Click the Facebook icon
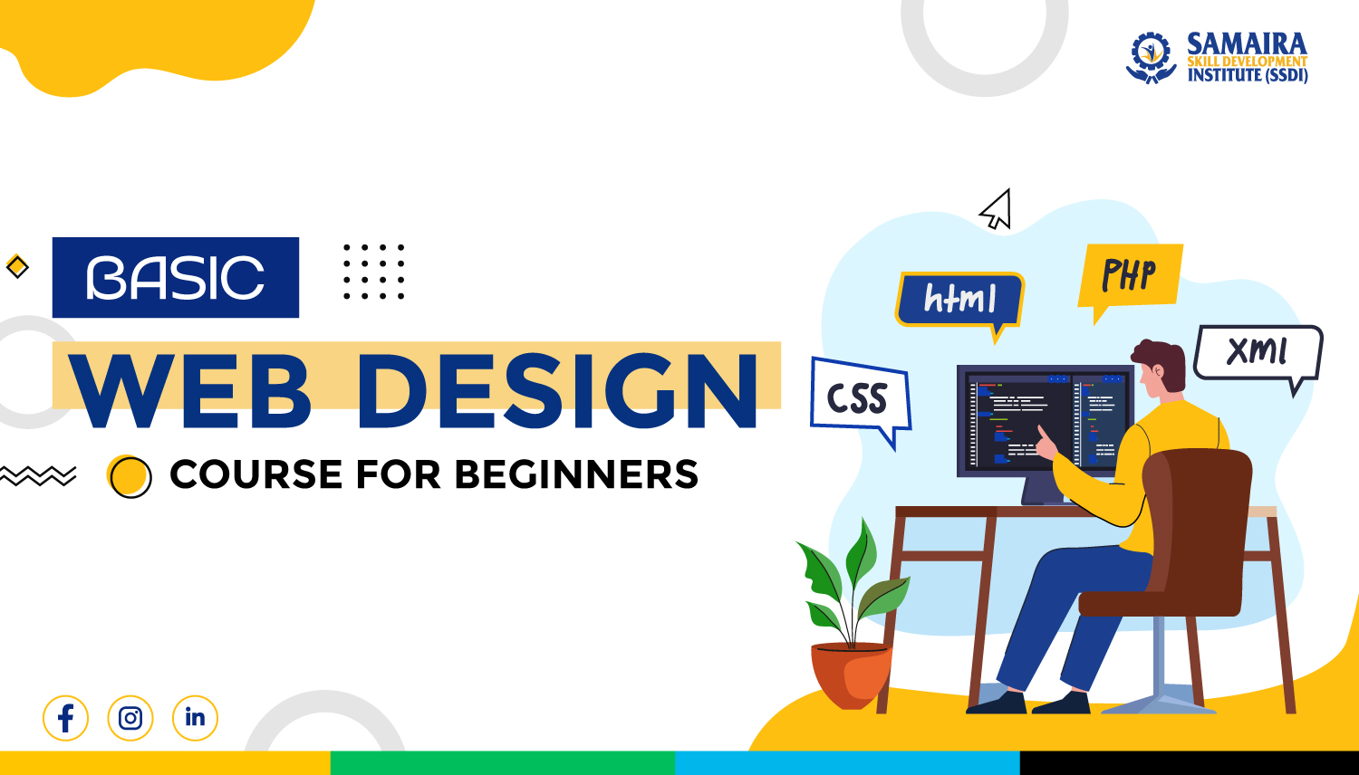pyautogui.click(x=65, y=719)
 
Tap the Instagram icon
pyautogui.click(x=130, y=719)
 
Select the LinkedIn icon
pyautogui.click(x=195, y=719)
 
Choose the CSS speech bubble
pyautogui.click(x=858, y=398)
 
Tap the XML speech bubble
pyautogui.click(x=1258, y=351)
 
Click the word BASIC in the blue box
pyautogui.click(x=176, y=278)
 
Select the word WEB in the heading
pyautogui.click(x=192, y=391)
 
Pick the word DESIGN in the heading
pyautogui.click(x=557, y=391)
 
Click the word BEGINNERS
pyautogui.click(x=576, y=475)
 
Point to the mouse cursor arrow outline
pyautogui.click(x=997, y=210)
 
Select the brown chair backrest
pyautogui.click(x=1198, y=516)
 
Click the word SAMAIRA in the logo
pyautogui.click(x=1247, y=43)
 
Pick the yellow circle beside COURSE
pyautogui.click(x=130, y=475)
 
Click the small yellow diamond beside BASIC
pyautogui.click(x=17, y=267)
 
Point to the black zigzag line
pyautogui.click(x=38, y=475)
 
